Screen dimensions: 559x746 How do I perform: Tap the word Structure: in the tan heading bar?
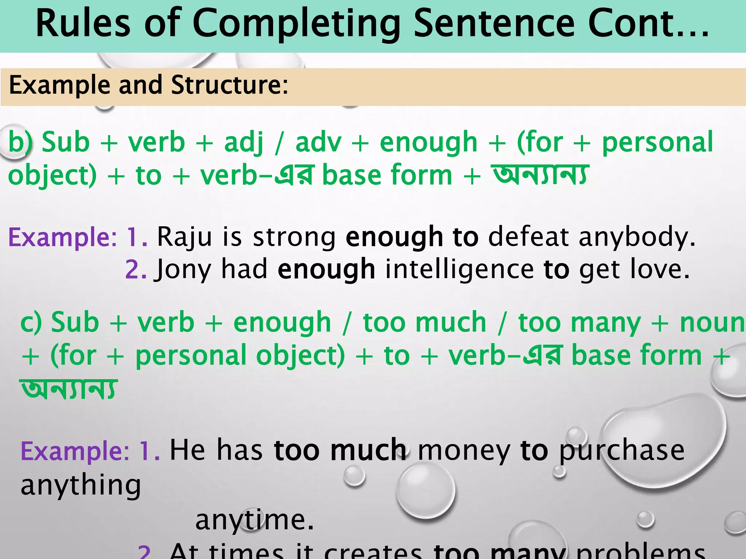tap(229, 85)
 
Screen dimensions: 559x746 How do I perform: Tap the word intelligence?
tap(460, 269)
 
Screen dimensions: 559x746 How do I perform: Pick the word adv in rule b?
tap(318, 142)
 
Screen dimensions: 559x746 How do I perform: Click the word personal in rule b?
tap(657, 143)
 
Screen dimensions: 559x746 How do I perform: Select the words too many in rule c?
tap(580, 323)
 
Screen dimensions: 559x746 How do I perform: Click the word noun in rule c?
tap(712, 323)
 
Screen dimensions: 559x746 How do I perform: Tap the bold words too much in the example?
tap(340, 451)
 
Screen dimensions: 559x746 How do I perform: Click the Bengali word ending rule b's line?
tap(540, 175)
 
